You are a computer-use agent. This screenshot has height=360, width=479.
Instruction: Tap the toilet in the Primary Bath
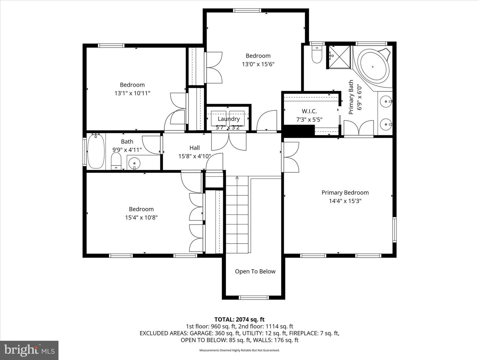pyautogui.click(x=317, y=55)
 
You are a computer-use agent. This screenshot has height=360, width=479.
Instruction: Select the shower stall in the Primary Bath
pyautogui.click(x=340, y=57)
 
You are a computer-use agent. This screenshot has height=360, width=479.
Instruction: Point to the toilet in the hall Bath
pyautogui.click(x=116, y=161)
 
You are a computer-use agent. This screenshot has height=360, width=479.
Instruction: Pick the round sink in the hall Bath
pyautogui.click(x=134, y=163)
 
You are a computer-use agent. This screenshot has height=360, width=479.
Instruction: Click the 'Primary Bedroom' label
pyautogui.click(x=345, y=193)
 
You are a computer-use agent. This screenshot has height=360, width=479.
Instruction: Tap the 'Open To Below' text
pyautogui.click(x=255, y=271)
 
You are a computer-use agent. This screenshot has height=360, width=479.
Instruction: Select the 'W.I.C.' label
pyautogui.click(x=309, y=111)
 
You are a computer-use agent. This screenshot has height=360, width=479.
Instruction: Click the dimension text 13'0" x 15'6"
pyautogui.click(x=258, y=64)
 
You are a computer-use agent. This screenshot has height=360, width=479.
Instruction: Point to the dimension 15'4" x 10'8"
pyautogui.click(x=141, y=217)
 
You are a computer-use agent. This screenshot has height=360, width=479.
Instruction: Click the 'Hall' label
pyautogui.click(x=195, y=148)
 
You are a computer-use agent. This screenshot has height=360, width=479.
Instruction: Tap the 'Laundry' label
pyautogui.click(x=229, y=119)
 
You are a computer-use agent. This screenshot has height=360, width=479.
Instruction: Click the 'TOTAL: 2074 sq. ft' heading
pyautogui.click(x=239, y=319)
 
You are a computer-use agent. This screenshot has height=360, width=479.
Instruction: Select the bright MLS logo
pyautogui.click(x=29, y=350)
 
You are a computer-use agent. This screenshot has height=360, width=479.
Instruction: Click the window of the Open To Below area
pyautogui.click(x=254, y=297)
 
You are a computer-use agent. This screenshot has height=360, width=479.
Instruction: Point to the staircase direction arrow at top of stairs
pyautogui.click(x=237, y=178)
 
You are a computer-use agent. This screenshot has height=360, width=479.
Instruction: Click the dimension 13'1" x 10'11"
pyautogui.click(x=132, y=93)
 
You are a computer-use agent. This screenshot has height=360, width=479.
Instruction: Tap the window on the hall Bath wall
pyautogui.click(x=84, y=152)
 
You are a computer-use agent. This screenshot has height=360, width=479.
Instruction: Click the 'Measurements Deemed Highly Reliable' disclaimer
pyautogui.click(x=239, y=350)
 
